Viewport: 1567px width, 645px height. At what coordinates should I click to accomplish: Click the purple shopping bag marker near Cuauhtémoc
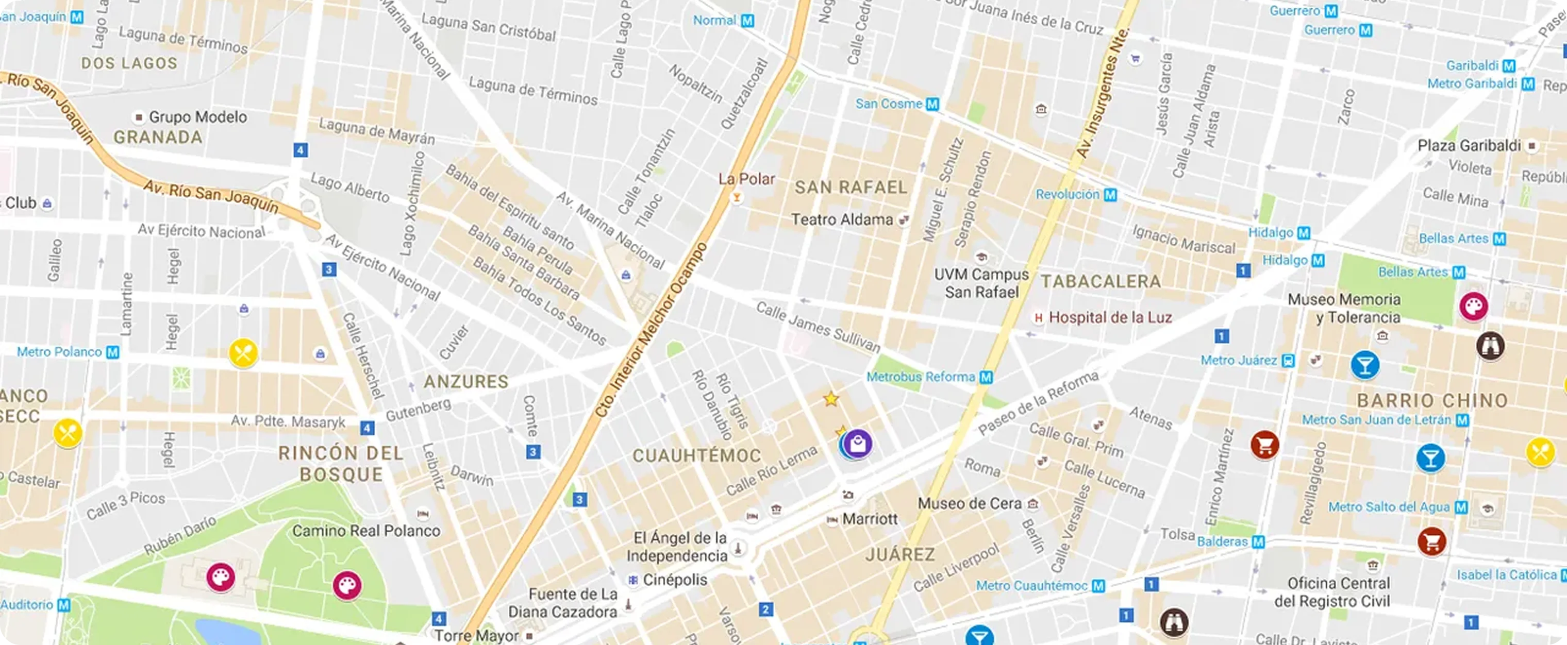coord(858,445)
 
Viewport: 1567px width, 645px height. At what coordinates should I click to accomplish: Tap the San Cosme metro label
coord(889,104)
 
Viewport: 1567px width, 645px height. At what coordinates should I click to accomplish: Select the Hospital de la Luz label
coord(1110,317)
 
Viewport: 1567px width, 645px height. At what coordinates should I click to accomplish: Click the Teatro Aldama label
coord(842,219)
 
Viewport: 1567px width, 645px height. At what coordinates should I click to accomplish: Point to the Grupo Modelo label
coord(198,117)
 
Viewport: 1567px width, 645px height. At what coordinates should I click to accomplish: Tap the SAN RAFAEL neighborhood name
coord(851,187)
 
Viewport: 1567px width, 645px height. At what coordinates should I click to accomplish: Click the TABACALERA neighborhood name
coord(1101,281)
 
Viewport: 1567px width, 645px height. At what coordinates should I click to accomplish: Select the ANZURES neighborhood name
coord(466,382)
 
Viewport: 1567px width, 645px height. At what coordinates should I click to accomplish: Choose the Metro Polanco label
coord(60,352)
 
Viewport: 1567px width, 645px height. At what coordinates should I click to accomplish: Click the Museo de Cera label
coord(970,503)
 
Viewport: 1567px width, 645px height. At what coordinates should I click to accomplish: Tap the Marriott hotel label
coord(870,519)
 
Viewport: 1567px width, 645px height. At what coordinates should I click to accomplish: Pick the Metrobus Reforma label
coord(921,377)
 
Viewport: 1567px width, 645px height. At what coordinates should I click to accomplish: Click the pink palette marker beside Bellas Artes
coord(1473,306)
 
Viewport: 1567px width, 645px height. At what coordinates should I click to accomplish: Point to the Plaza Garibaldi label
coord(1469,146)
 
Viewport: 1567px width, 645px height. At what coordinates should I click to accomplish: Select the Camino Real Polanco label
coord(366,531)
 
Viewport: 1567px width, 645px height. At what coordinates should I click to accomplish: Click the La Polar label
coord(746,179)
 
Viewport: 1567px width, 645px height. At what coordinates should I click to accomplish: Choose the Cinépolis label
coord(675,580)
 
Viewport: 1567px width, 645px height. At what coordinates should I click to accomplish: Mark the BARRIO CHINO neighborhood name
coord(1432,401)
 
